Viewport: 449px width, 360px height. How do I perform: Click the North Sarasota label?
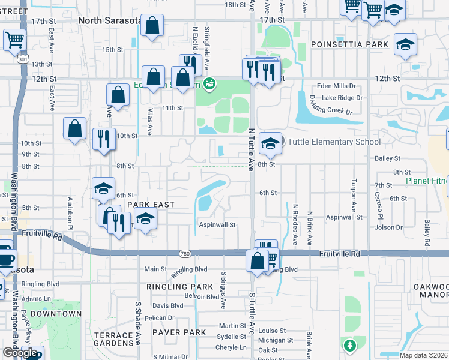pyautogui.click(x=110, y=20)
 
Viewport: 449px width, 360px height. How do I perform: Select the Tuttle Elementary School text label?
pyautogui.click(x=334, y=142)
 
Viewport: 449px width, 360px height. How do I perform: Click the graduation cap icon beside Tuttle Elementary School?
pyautogui.click(x=271, y=143)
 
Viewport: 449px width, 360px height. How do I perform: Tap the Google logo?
pyautogui.click(x=20, y=353)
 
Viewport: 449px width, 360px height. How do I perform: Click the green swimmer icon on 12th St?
pyautogui.click(x=209, y=83)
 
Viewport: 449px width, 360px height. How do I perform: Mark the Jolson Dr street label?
pyautogui.click(x=388, y=227)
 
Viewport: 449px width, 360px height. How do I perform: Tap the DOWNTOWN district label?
pyautogui.click(x=56, y=314)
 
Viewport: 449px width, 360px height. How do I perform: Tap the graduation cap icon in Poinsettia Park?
pyautogui.click(x=406, y=44)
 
